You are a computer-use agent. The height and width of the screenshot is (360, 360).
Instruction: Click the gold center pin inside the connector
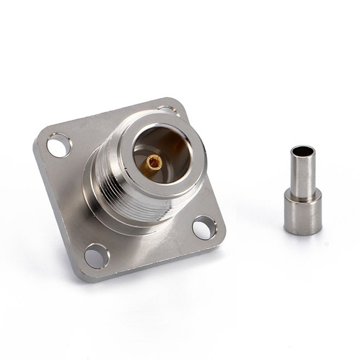click(154, 163)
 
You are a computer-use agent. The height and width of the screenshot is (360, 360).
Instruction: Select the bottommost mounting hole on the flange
click(97, 256)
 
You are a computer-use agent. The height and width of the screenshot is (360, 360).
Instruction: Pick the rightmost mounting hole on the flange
click(204, 228)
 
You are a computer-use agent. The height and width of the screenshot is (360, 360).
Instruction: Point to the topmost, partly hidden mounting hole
click(168, 109)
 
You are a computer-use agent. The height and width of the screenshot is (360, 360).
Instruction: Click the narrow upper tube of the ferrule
click(302, 173)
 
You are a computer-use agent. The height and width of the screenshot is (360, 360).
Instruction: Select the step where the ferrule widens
click(303, 194)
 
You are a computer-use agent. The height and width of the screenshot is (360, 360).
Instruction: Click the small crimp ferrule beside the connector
click(303, 191)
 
